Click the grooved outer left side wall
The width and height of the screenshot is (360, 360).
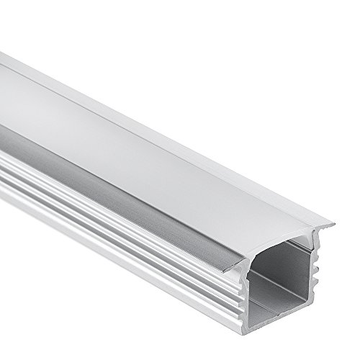(108, 238)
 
